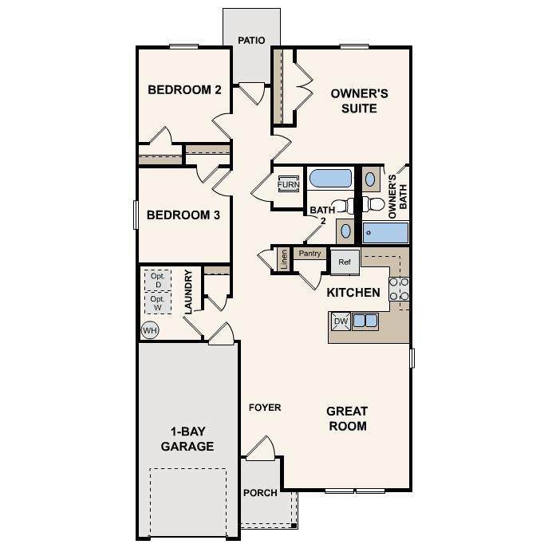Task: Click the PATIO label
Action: pyautogui.click(x=251, y=40)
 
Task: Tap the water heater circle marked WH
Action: pyautogui.click(x=150, y=330)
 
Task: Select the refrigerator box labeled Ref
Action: pyautogui.click(x=345, y=262)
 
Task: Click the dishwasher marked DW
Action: pyautogui.click(x=341, y=321)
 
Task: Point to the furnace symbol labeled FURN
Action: pyautogui.click(x=288, y=184)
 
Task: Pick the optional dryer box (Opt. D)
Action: pyautogui.click(x=158, y=280)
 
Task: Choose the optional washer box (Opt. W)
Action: pyautogui.click(x=158, y=302)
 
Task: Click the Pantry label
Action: pyautogui.click(x=309, y=254)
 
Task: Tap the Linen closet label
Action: pyautogui.click(x=284, y=259)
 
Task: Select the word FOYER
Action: pyautogui.click(x=265, y=408)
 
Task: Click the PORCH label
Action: pyautogui.click(x=260, y=493)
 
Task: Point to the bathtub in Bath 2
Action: pyautogui.click(x=330, y=179)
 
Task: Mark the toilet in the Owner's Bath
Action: pyautogui.click(x=373, y=204)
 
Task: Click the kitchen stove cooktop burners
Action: pyautogui.click(x=399, y=289)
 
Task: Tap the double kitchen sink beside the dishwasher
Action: pyautogui.click(x=365, y=321)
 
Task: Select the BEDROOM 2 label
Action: pyautogui.click(x=184, y=90)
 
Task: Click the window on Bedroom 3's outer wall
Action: pyautogui.click(x=136, y=215)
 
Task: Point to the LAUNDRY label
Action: pyautogui.click(x=188, y=292)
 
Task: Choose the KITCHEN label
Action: pyautogui.click(x=353, y=293)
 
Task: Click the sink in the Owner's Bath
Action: pyautogui.click(x=370, y=179)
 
